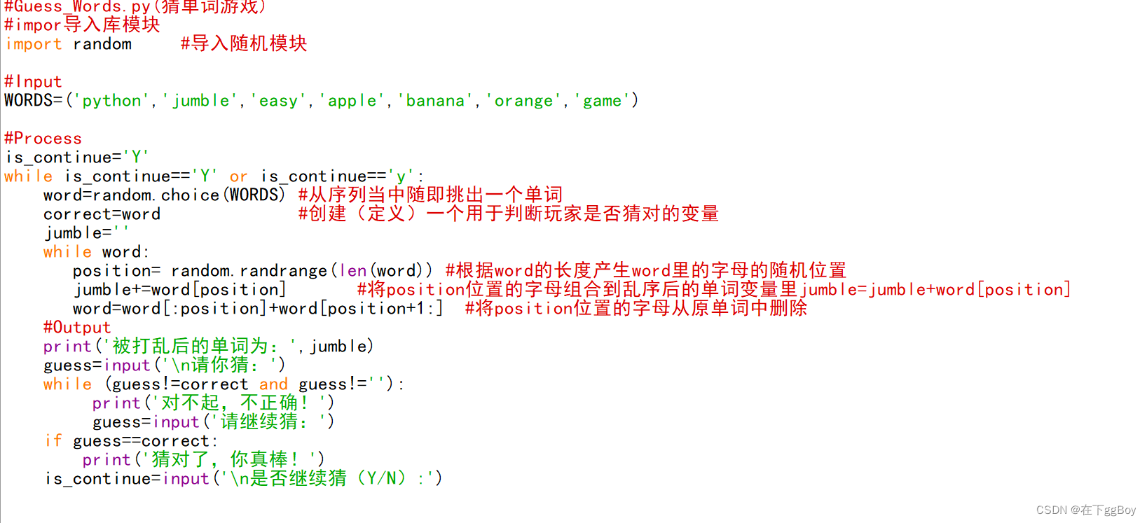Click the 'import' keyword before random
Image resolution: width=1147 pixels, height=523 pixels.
coord(33,44)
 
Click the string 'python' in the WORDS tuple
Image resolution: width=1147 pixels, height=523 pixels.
coord(111,101)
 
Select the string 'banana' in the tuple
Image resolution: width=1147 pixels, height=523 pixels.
coord(435,101)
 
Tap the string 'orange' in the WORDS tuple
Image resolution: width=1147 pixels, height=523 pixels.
coord(523,101)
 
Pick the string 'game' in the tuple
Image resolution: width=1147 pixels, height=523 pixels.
coord(602,101)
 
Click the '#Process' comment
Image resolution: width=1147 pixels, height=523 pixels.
coord(43,138)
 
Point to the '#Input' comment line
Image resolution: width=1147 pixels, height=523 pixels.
coord(33,82)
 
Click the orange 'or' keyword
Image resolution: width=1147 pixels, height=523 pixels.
coord(238,176)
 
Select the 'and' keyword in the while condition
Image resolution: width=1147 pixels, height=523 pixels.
coord(273,384)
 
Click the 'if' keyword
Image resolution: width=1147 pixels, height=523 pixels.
coord(53,440)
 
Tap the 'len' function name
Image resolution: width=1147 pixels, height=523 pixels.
coord(352,270)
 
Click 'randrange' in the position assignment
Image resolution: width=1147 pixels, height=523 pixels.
coord(284,270)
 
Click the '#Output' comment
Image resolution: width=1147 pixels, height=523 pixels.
coord(77,327)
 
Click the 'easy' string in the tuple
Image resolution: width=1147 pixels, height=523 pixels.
coord(278,101)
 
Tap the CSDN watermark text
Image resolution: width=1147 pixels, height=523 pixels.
coord(1085,510)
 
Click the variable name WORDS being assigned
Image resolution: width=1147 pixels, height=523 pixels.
coord(28,101)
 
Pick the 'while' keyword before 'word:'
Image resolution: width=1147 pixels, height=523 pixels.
coord(67,251)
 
